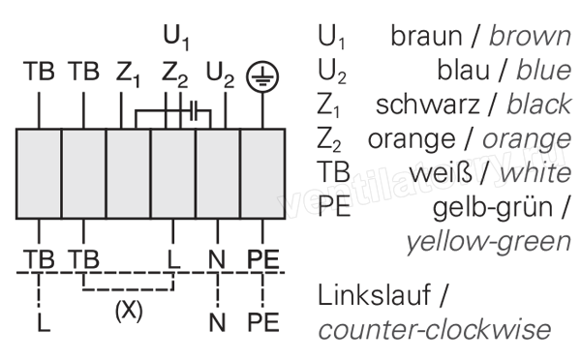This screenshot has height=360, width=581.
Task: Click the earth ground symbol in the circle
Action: pyautogui.click(x=262, y=76)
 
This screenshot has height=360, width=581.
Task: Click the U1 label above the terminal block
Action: pyautogui.click(x=176, y=38)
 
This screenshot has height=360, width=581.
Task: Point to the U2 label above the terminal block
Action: pyautogui.click(x=220, y=75)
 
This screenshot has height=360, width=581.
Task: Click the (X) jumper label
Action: pyautogui.click(x=129, y=311)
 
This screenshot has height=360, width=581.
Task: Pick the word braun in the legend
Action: pyautogui.click(x=426, y=36)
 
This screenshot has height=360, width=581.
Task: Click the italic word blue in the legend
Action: pyautogui.click(x=543, y=70)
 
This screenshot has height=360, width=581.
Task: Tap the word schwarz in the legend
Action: pyautogui.click(x=428, y=105)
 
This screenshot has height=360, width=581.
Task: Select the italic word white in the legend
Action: pyautogui.click(x=535, y=172)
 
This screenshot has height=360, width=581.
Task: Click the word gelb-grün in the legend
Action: pyautogui.click(x=493, y=208)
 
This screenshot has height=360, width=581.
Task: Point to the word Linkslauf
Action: pyautogui.click(x=374, y=295)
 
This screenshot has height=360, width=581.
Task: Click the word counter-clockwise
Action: pyautogui.click(x=435, y=329)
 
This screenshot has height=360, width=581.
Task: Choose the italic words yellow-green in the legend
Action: pyautogui.click(x=489, y=242)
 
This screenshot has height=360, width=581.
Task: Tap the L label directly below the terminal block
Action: pyautogui.click(x=173, y=259)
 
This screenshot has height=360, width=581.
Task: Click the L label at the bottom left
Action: pyautogui.click(x=44, y=322)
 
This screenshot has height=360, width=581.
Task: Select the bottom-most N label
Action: pyautogui.click(x=217, y=322)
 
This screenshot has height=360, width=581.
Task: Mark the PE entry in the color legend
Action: pyautogui.click(x=334, y=206)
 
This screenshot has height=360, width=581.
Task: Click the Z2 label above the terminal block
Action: pyautogui.click(x=174, y=75)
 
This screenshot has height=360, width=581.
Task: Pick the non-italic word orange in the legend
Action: pyautogui.click(x=412, y=140)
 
